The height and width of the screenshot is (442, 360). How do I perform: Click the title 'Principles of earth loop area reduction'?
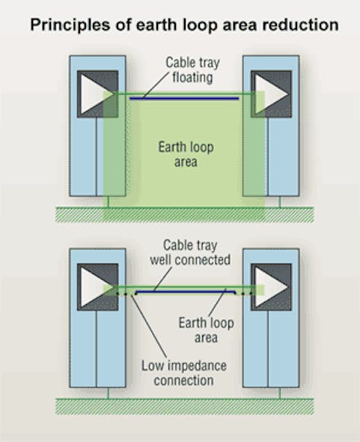pyautogui.click(x=183, y=25)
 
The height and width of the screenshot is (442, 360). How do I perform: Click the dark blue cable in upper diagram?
pyautogui.click(x=183, y=97)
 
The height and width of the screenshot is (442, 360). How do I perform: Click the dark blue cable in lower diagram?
pyautogui.click(x=183, y=289)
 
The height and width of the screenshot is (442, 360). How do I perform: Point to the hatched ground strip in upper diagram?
pyautogui.click(x=183, y=214)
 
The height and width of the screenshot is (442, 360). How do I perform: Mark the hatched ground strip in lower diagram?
pyautogui.click(x=183, y=405)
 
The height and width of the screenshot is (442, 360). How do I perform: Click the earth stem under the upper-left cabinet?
pyautogui.click(x=108, y=201)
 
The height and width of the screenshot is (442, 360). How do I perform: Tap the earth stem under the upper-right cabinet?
pyautogui.click(x=280, y=201)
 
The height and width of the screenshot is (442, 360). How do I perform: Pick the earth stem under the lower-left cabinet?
pyautogui.click(x=108, y=392)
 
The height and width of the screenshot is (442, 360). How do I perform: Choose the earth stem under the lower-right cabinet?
pyautogui.click(x=280, y=392)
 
